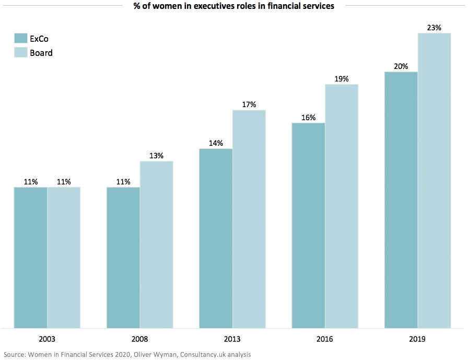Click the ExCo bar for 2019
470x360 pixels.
pyautogui.click(x=401, y=200)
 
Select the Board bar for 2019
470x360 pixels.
pyautogui.click(x=434, y=180)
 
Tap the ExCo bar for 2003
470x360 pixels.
pyautogui.click(x=30, y=257)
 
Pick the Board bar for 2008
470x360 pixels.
pyautogui.click(x=156, y=245)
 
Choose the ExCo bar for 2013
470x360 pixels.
pyautogui.click(x=216, y=238)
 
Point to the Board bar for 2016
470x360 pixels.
pyautogui.click(x=342, y=206)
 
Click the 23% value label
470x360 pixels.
pyautogui.click(x=434, y=28)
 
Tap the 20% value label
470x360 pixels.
pyautogui.click(x=401, y=66)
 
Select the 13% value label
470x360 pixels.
pyautogui.click(x=156, y=156)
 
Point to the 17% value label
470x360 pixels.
pyautogui.click(x=249, y=104)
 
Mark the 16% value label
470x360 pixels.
pyautogui.click(x=309, y=118)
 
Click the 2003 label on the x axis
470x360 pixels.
pyautogui.click(x=47, y=339)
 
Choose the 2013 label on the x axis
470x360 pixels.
pyautogui.click(x=232, y=339)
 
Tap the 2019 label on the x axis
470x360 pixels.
pyautogui.click(x=418, y=339)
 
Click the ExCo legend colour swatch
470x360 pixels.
pyautogui.click(x=20, y=39)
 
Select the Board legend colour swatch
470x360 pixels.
pyautogui.click(x=20, y=52)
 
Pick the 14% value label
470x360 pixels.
pyautogui.click(x=216, y=143)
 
